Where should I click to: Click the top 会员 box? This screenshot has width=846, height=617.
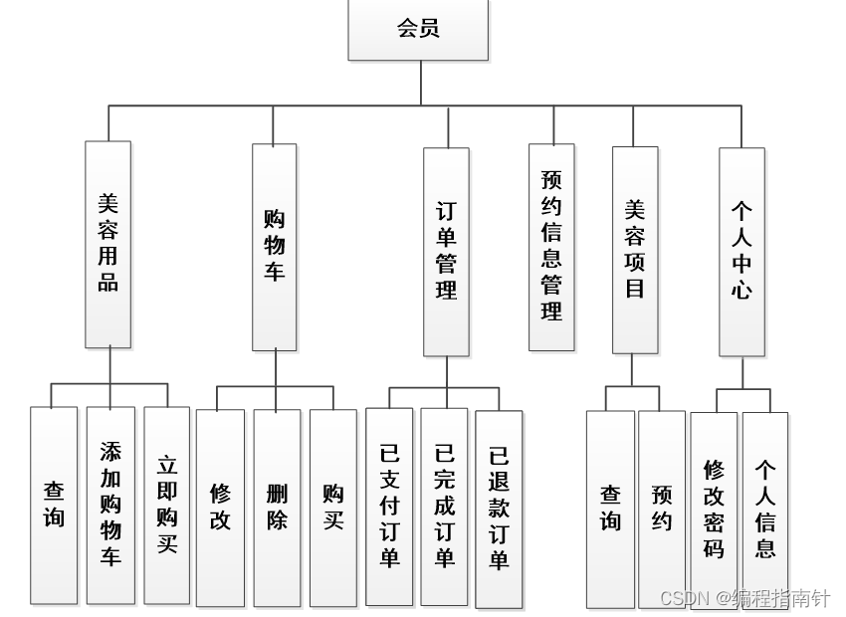coord(418,30)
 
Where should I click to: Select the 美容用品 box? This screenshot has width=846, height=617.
coord(107,244)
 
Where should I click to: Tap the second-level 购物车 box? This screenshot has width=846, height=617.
coord(274,247)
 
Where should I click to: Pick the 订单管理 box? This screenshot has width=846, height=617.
coord(446,252)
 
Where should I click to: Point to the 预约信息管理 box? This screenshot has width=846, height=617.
coord(551,247)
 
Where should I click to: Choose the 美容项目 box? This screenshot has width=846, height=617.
coord(635,250)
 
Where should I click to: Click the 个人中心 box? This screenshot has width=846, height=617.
coord(741,252)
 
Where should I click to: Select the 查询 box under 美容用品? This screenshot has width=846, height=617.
coord(54,505)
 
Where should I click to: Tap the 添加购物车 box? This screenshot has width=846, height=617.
coord(110,505)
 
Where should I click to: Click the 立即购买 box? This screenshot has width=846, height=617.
coord(166,505)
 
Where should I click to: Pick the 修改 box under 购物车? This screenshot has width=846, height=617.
coord(220,508)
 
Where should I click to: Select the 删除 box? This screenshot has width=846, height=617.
coord(277,508)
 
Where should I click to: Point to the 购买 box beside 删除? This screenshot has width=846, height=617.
coord(332,508)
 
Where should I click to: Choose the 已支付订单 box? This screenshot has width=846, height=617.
coord(389,506)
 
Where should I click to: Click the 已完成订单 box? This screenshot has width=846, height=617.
coord(444,506)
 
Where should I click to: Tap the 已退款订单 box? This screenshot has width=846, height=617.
coord(499,509)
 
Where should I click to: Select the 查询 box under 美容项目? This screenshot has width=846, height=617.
coord(610,509)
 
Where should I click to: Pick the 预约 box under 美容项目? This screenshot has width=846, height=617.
coord(662,509)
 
